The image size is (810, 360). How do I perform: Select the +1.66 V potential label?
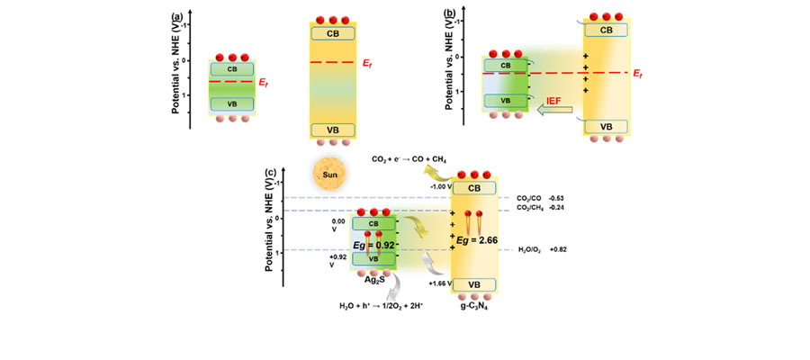(436, 283)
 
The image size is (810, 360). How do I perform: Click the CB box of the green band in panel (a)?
(232, 68)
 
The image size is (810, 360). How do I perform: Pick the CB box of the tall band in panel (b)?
(607, 30)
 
